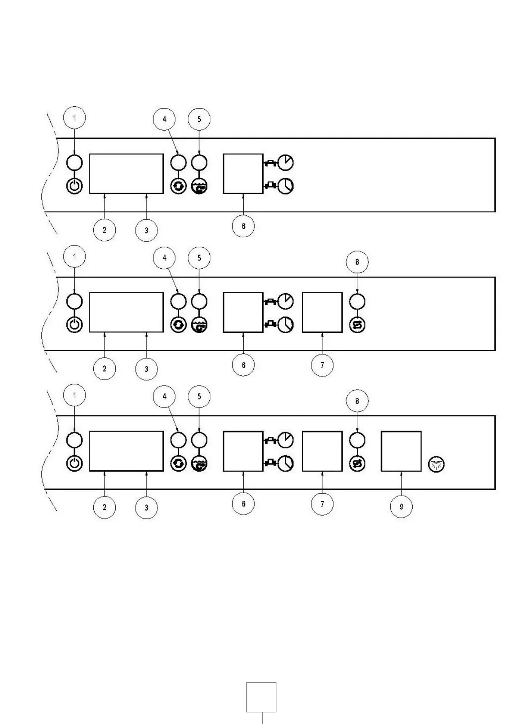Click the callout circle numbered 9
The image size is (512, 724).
coord(401,507)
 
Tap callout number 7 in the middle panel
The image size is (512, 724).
coord(322,365)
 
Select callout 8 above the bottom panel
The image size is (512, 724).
coord(357,401)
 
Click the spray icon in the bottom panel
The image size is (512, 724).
coord(437,464)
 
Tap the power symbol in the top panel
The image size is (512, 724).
coord(74,187)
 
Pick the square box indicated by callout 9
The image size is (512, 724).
coord(401,451)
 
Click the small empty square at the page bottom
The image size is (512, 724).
coord(261,697)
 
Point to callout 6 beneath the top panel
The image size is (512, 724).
coord(243,226)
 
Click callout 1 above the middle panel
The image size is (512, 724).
coord(74,257)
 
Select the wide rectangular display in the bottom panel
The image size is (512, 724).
coord(126,451)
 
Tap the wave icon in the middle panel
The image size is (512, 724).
coord(199,325)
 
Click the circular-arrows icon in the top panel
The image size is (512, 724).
coord(178,187)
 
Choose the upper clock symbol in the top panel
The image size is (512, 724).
coord(285,163)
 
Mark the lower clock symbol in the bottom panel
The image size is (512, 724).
coord(285,463)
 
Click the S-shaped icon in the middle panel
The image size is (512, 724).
coord(357,325)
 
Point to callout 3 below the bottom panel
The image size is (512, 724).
coord(146,507)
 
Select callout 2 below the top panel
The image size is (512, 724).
coord(104,230)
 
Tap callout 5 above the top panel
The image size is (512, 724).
coord(199,119)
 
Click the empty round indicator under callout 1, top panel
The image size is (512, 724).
coord(74,163)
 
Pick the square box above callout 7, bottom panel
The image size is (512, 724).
coord(322,451)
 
